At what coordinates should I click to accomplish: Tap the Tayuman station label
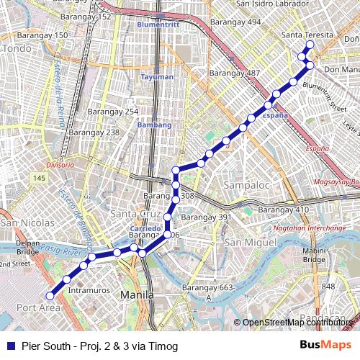coord(157,77)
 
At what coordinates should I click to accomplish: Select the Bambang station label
coord(156,125)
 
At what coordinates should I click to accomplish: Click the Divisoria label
coord(60,165)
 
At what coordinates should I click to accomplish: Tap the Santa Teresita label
coord(308,35)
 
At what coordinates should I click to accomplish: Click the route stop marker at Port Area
coord(50,295)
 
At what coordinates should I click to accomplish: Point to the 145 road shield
coord(39,178)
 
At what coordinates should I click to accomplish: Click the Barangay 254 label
coord(113,112)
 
